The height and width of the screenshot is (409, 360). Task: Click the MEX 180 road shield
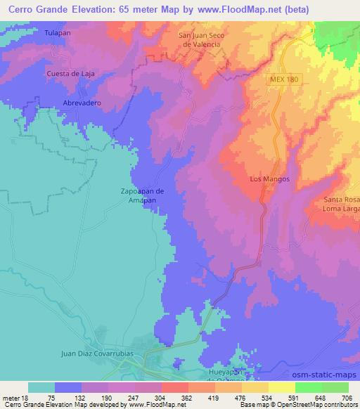point(283,79)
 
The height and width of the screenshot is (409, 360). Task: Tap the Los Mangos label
point(270,179)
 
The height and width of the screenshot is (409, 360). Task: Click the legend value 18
point(28,397)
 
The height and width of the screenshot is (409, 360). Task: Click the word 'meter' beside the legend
point(12,397)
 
